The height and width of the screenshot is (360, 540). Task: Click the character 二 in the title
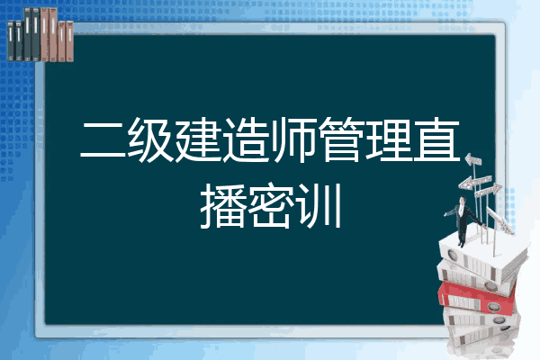(x=103, y=140)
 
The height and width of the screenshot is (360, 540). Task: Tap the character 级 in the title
(x=150, y=139)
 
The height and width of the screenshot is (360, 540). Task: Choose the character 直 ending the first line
(x=436, y=139)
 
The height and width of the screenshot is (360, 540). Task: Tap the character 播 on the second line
(x=222, y=206)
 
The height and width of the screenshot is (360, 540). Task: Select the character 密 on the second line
(x=270, y=206)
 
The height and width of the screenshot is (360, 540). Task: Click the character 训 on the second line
(x=319, y=206)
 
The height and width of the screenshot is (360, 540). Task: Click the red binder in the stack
(x=477, y=296)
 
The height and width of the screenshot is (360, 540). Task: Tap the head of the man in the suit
(x=462, y=200)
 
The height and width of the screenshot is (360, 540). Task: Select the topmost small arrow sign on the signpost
(x=472, y=160)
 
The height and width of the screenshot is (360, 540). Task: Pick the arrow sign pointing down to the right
(x=499, y=220)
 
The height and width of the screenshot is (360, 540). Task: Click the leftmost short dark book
(x=11, y=40)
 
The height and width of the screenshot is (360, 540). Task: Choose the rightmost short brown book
(x=69, y=41)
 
